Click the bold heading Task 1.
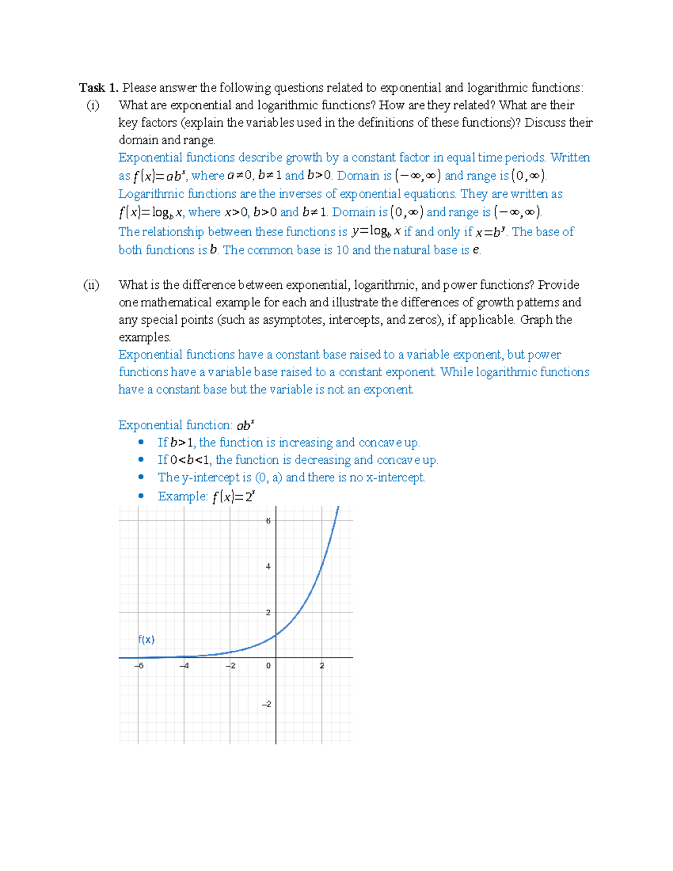point(98,87)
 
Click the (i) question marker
point(93,105)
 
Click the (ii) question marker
point(91,285)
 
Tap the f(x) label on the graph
point(146,639)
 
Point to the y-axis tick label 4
point(268,566)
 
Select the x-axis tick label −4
point(184,666)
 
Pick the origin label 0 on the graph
point(268,666)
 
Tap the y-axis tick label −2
point(266,704)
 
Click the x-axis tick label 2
point(322,666)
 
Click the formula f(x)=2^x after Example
point(233,496)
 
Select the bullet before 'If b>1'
point(141,443)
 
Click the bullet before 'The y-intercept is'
point(141,477)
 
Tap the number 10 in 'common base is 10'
point(342,250)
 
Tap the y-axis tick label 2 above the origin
point(268,612)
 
